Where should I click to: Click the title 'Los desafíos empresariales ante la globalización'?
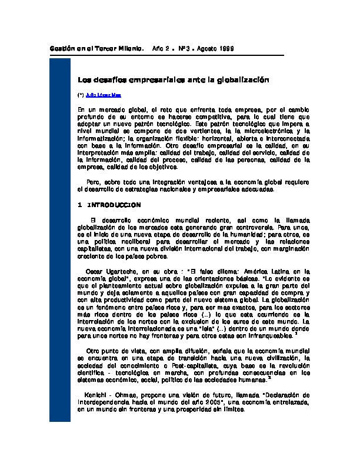173,78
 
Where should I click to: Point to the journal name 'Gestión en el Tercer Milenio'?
96,48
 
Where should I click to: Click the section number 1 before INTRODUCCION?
79,205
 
